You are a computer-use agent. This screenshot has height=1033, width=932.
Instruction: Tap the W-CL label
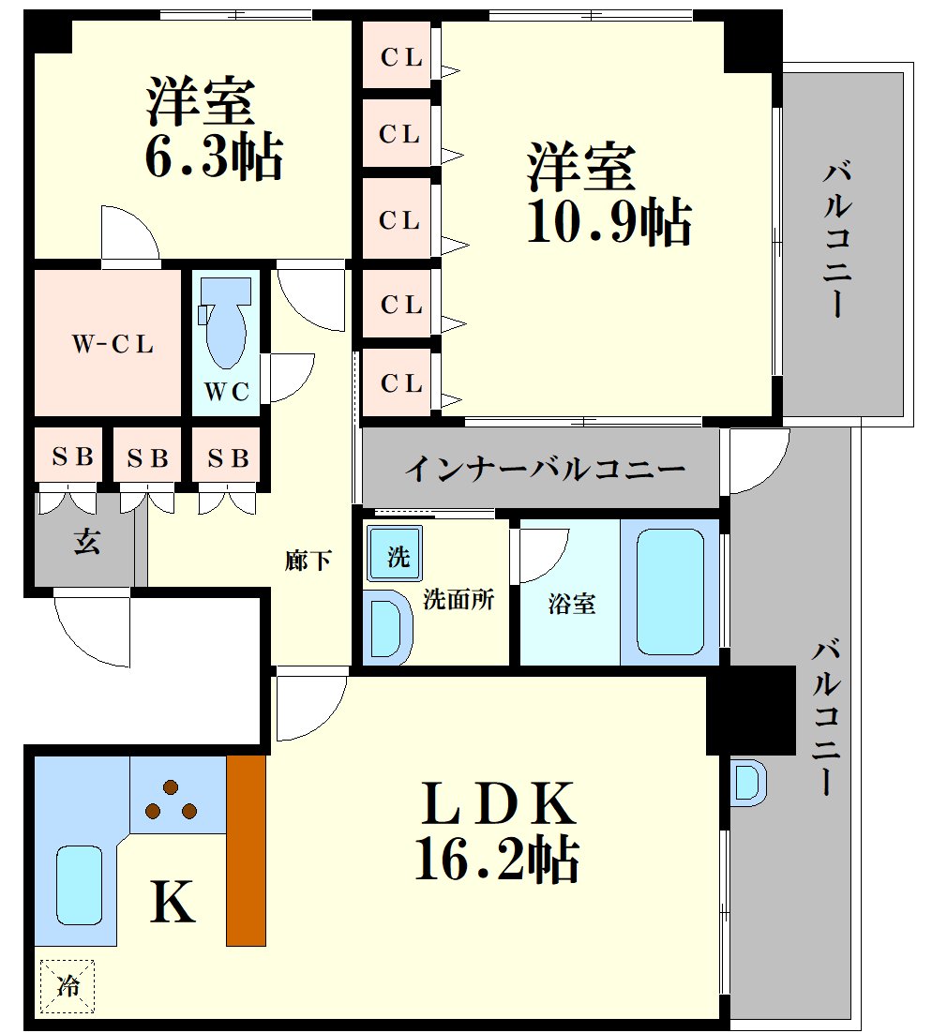(x=113, y=344)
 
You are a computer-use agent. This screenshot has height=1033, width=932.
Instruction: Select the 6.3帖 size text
(x=214, y=157)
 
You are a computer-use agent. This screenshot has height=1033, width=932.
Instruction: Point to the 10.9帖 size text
(x=609, y=220)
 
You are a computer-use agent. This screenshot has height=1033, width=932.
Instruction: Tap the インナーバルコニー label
(x=545, y=469)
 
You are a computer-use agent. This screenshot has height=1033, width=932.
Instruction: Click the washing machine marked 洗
(x=395, y=553)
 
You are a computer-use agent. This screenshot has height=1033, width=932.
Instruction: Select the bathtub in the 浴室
(x=669, y=591)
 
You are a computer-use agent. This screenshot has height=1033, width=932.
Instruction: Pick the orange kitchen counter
(x=246, y=850)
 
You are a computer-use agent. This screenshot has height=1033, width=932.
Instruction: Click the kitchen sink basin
(x=79, y=886)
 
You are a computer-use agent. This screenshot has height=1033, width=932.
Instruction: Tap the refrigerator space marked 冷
(x=68, y=985)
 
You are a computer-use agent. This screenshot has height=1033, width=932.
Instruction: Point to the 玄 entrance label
(x=87, y=542)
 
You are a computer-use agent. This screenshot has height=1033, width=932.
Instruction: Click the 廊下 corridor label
(x=308, y=561)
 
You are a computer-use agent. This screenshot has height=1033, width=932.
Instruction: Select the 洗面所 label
(x=458, y=599)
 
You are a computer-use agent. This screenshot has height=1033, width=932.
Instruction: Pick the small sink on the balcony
(x=749, y=783)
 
